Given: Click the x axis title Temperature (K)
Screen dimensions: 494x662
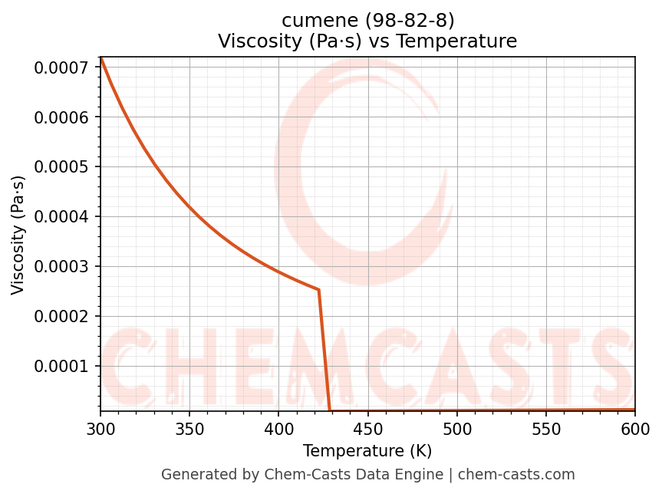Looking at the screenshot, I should tap(367, 450).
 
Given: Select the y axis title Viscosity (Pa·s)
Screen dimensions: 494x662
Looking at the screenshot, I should tap(18, 235).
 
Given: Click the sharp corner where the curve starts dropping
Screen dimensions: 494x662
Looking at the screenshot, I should tap(318, 290).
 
